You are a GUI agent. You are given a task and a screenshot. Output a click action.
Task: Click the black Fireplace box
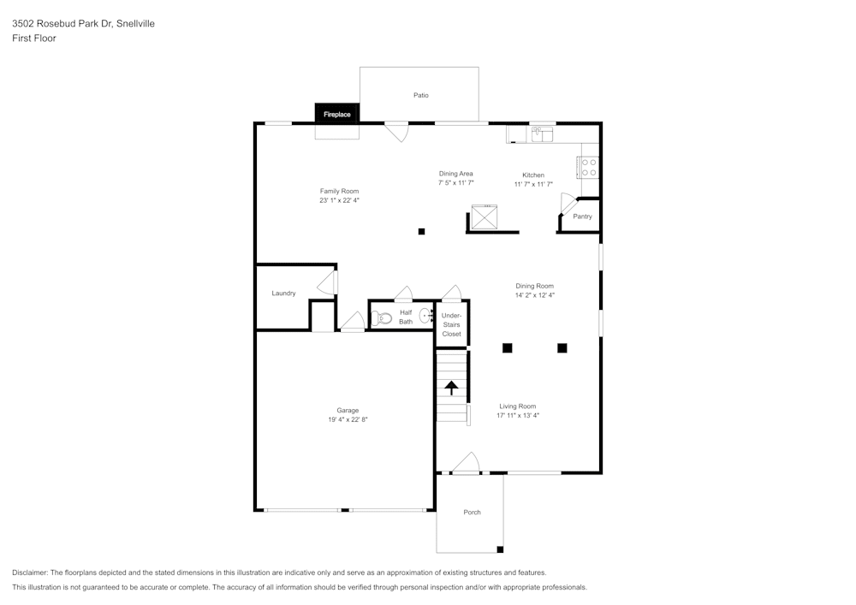336,113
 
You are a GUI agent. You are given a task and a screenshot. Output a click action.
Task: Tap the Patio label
421,95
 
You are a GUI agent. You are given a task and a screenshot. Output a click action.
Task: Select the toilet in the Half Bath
381,317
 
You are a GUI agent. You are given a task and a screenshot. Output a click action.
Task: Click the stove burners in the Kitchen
589,168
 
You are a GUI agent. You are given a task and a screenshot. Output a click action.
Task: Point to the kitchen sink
542,133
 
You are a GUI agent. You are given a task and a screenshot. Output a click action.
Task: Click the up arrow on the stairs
451,388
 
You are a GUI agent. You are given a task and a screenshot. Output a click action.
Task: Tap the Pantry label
582,216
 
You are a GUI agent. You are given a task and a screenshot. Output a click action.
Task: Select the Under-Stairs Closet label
451,324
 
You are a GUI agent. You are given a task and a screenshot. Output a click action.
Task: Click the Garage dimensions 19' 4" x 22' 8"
348,419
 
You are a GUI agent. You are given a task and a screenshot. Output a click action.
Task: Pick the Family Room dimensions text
340,200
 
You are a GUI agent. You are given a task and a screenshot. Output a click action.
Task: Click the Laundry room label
284,294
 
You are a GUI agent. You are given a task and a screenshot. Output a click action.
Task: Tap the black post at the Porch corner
500,549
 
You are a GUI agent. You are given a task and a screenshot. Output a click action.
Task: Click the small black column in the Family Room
421,231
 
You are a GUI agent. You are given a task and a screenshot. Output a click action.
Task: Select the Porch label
473,513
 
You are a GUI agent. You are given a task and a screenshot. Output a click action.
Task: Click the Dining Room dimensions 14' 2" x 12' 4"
535,295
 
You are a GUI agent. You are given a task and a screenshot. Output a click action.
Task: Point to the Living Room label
518,406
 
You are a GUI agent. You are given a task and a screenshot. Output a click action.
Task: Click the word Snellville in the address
135,23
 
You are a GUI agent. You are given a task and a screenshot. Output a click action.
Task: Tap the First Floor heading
34,39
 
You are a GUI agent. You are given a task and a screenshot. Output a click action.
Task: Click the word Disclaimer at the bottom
30,572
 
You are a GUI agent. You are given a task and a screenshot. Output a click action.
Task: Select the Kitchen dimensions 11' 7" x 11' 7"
533,184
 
